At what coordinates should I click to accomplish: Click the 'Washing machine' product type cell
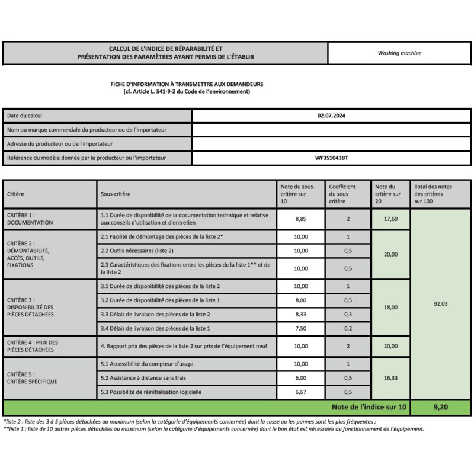coord(399,53)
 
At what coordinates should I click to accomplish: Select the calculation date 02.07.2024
coord(331,116)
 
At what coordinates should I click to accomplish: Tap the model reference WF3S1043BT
coord(331,158)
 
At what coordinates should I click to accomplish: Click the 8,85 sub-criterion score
coord(301,219)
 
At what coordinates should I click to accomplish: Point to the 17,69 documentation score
coord(390,219)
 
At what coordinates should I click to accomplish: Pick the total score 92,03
coord(441,303)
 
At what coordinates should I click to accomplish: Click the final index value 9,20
coord(441,407)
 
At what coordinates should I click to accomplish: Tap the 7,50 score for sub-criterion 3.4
coord(301,328)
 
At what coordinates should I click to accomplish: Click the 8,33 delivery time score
coord(301,314)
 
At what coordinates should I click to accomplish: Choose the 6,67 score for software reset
coord(301,392)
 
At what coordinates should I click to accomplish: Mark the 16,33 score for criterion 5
coord(390,378)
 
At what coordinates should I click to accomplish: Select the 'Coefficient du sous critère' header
coord(342,194)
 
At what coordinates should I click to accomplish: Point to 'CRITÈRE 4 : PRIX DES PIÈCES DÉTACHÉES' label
coord(32,346)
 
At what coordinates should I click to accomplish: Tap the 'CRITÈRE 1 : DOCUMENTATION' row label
coord(30,219)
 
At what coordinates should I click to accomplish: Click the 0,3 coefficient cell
coord(348,314)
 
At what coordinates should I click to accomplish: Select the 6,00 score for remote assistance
coord(301,378)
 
